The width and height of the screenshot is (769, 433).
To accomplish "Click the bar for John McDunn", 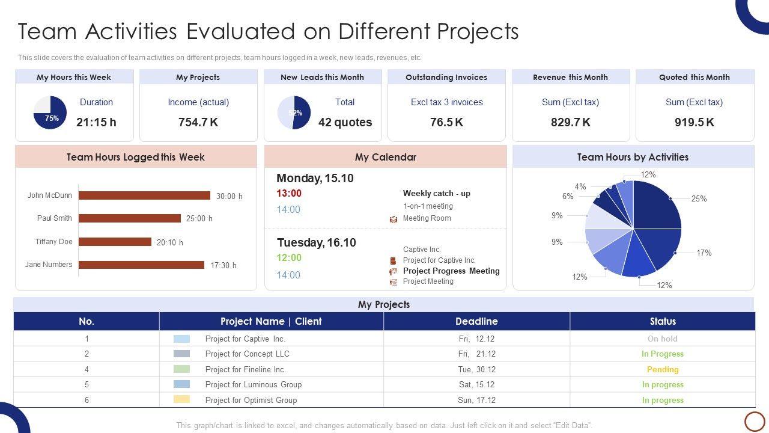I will [144, 195].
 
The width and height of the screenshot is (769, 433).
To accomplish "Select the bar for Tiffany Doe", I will [115, 242].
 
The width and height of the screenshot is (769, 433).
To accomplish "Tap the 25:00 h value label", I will [199, 218].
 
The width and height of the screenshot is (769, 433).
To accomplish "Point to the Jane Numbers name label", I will [49, 265].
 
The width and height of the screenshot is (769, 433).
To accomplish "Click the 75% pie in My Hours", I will [50, 112].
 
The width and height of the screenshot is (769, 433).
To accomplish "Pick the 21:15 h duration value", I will [96, 122].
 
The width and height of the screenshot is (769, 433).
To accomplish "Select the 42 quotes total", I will [345, 122].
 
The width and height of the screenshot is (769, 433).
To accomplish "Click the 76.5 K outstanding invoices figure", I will [446, 122].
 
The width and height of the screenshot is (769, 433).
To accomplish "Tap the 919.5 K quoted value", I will [694, 122].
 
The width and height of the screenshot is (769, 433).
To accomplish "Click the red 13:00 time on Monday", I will [289, 194].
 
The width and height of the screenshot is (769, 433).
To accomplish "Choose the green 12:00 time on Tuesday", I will [289, 258].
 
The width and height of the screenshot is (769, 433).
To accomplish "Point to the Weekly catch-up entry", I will [436, 194].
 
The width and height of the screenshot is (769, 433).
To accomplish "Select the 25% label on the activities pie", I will [699, 198].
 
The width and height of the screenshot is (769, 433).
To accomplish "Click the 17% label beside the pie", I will [704, 253].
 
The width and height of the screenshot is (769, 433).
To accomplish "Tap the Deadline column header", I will [476, 321].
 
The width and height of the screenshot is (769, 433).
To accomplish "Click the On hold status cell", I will [662, 339].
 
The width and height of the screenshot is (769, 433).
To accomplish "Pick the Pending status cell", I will [662, 369].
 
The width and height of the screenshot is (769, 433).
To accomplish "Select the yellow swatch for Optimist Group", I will [181, 399].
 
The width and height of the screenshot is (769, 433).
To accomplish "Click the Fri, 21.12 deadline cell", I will [476, 354].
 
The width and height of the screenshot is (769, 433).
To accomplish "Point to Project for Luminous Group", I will [253, 384].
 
